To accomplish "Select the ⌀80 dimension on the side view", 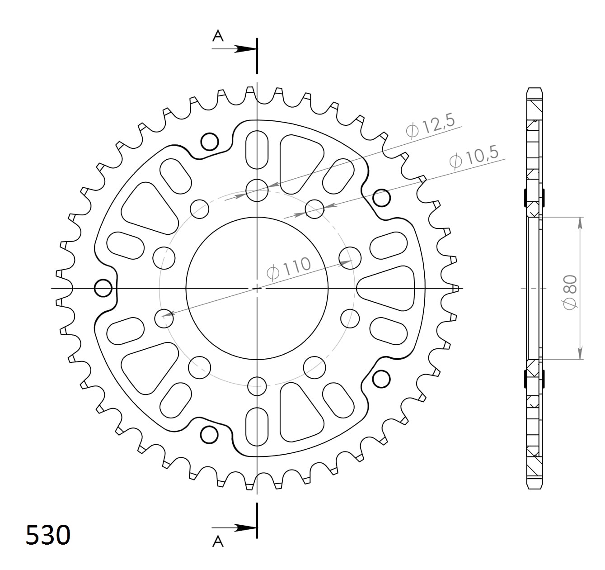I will (x=570, y=292).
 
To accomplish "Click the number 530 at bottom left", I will (x=48, y=535).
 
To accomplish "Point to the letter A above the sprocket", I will (x=218, y=36).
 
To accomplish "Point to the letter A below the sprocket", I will (x=218, y=541).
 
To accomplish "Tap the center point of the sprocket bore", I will (x=257, y=288).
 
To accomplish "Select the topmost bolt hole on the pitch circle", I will (x=257, y=189).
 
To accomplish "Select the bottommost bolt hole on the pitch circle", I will (x=257, y=386).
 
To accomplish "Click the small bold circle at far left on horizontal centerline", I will (x=103, y=288).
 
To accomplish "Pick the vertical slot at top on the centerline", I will (x=257, y=149).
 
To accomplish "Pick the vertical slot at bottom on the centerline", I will (x=257, y=426).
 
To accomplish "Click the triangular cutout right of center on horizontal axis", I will (x=388, y=288).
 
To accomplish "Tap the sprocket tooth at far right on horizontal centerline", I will (x=455, y=288).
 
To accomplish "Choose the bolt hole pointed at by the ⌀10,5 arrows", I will (x=315, y=209).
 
